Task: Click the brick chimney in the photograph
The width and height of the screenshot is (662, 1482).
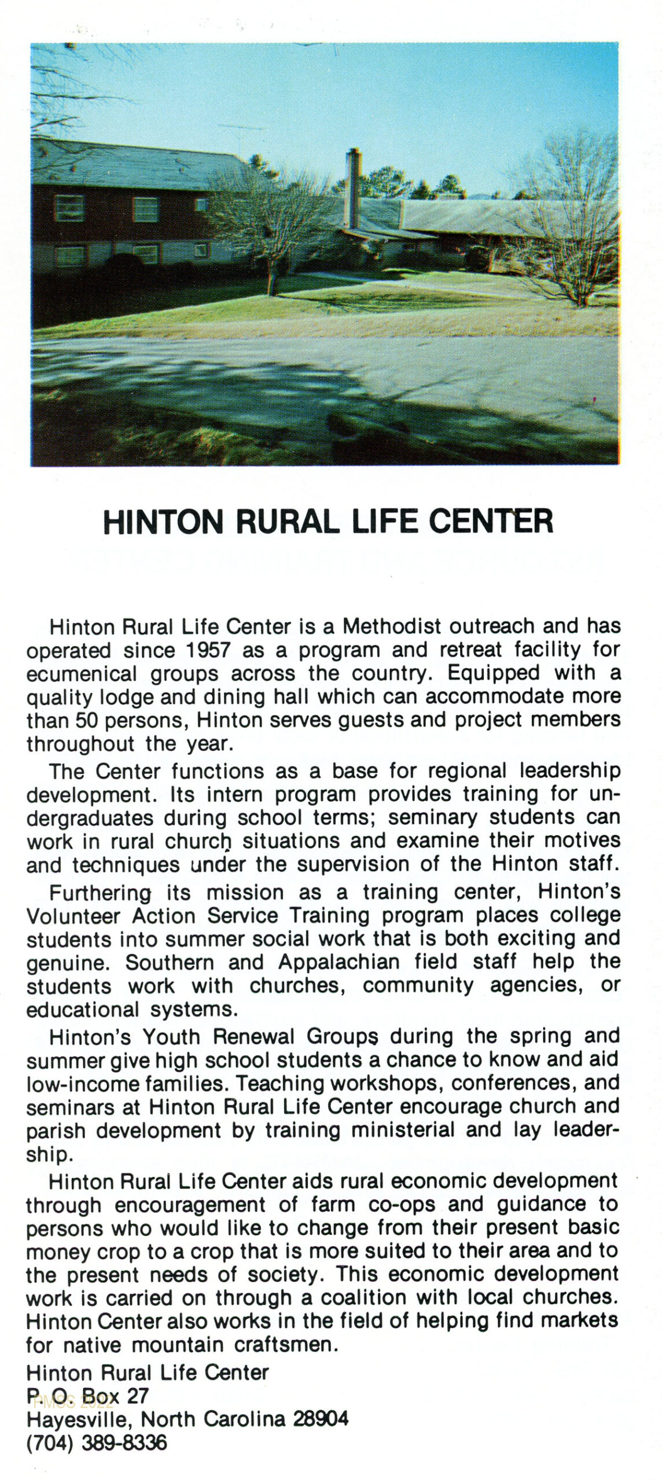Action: [353, 188]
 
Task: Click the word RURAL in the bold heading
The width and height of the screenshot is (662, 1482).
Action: [287, 522]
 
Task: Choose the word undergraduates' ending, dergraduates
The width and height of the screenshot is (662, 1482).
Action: [90, 818]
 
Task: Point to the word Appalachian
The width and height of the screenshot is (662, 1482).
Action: [339, 962]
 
